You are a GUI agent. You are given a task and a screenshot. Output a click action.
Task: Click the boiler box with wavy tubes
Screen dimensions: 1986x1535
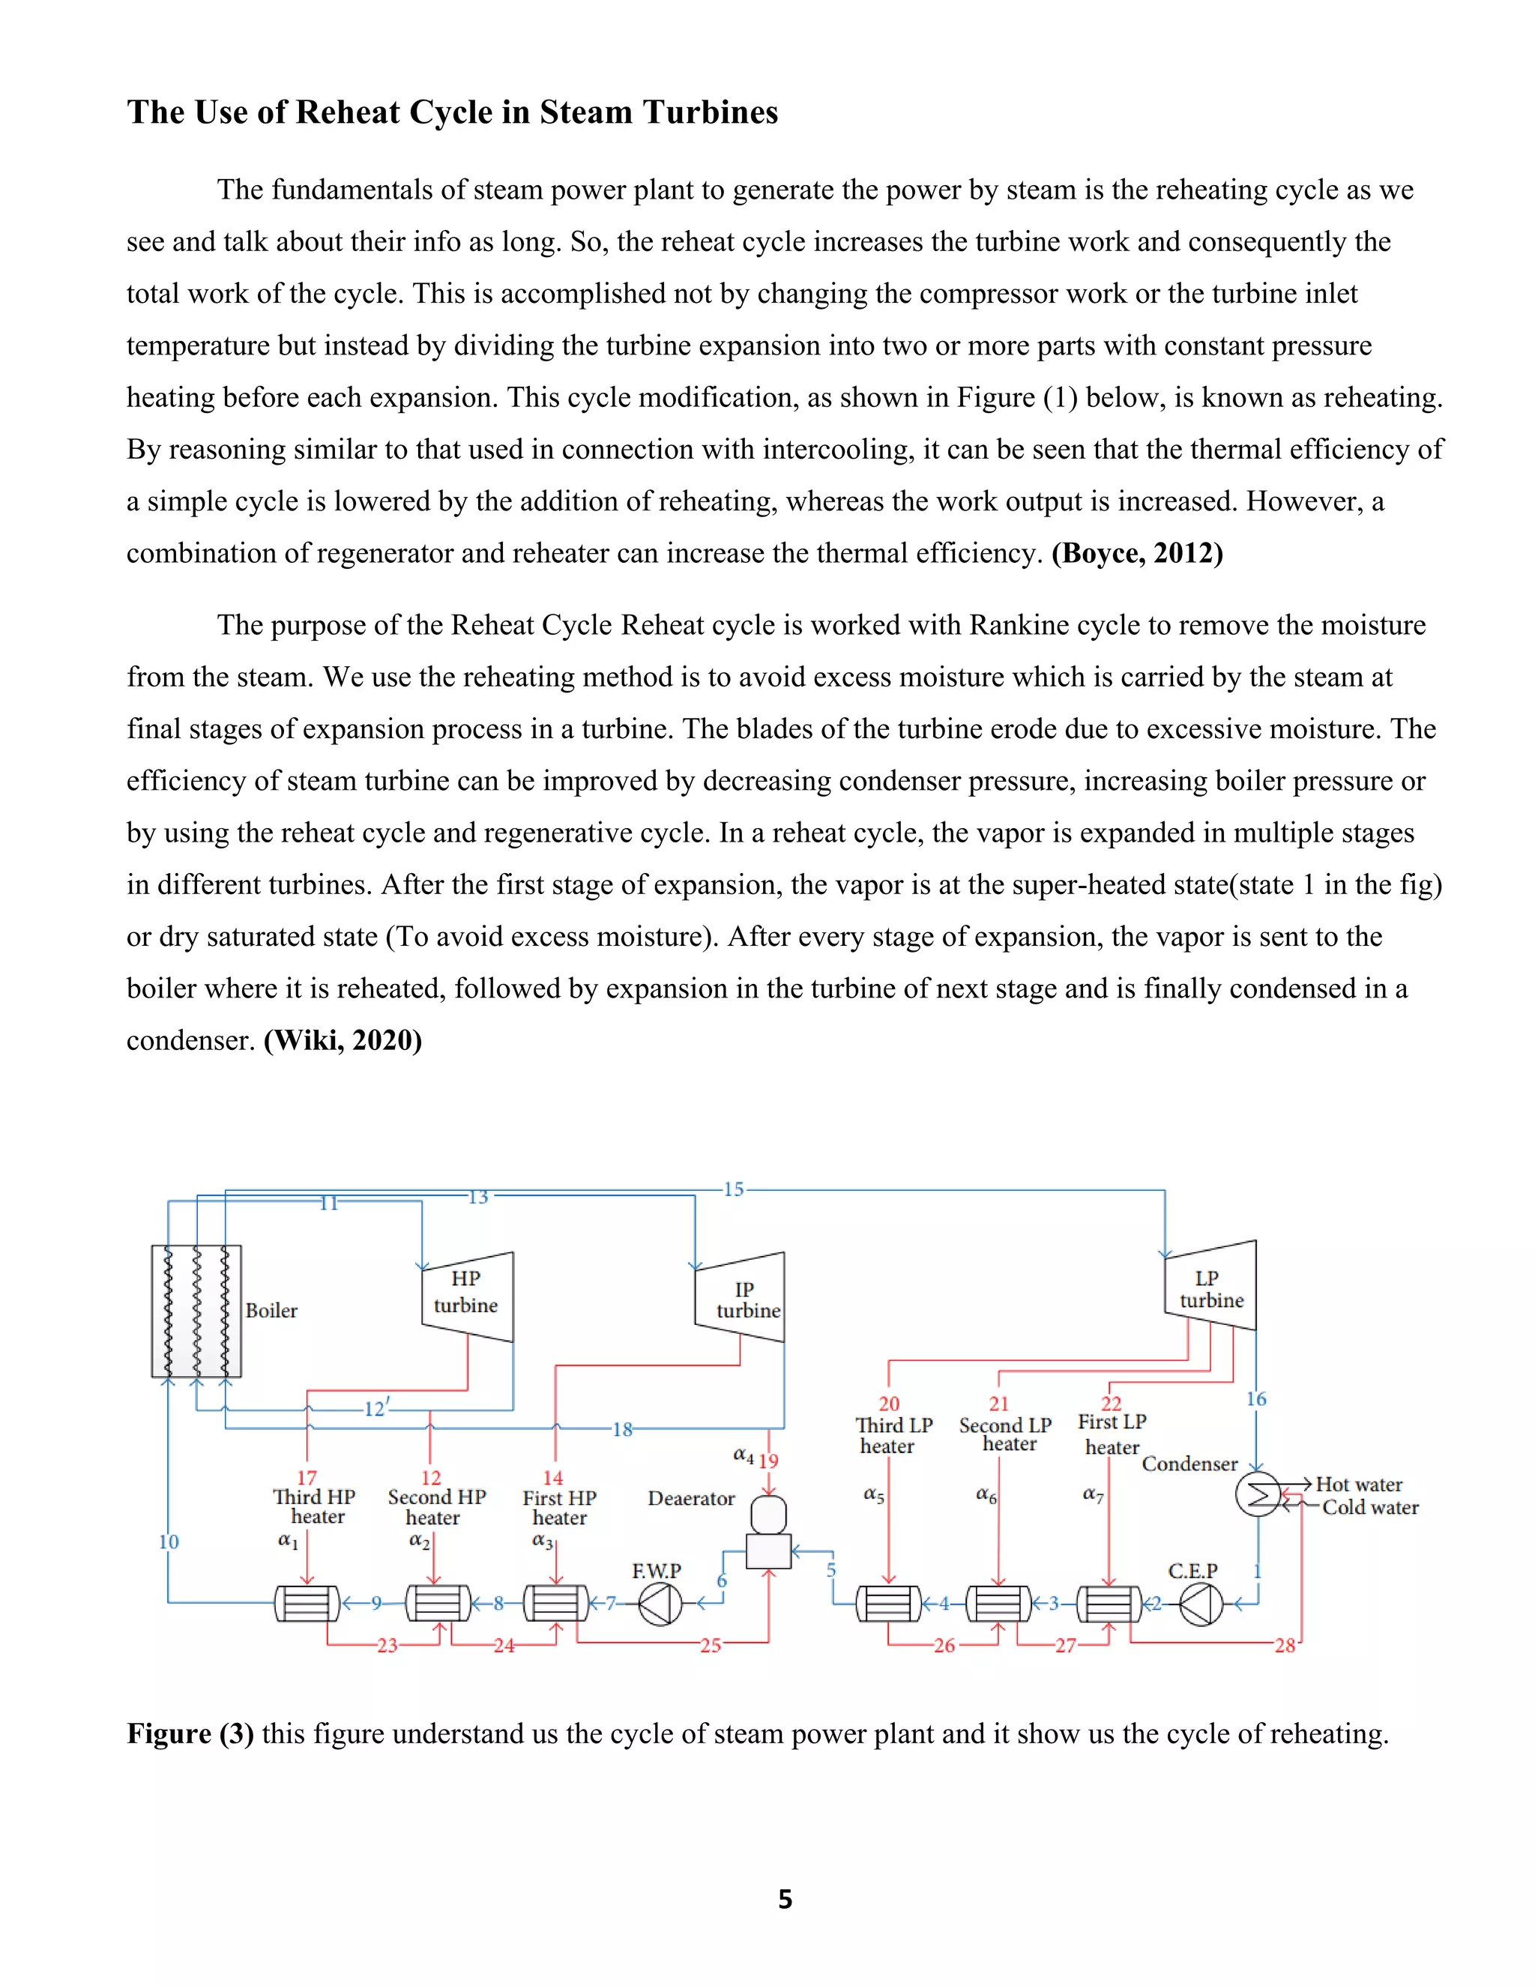196,1310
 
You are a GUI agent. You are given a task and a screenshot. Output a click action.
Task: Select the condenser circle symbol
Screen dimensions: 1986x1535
1258,1494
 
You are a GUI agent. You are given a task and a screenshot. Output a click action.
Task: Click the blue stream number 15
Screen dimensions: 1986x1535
733,1189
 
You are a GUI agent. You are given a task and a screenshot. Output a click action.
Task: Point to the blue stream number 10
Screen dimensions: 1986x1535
168,1542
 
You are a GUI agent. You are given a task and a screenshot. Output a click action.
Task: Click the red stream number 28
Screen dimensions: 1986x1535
1284,1645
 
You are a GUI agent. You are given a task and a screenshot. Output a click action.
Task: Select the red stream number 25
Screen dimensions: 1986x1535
711,1645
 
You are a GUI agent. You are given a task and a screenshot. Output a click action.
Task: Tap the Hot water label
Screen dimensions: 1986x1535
1359,1484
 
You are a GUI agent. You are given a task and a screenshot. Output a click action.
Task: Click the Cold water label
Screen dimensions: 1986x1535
1369,1507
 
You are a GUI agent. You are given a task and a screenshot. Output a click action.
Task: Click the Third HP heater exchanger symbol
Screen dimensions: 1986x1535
307,1603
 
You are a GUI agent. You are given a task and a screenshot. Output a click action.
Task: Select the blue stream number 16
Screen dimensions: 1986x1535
1256,1398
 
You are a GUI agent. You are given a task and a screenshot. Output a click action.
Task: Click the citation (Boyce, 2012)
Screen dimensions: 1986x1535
1137,553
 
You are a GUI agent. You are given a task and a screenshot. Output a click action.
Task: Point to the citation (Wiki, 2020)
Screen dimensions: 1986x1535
343,1040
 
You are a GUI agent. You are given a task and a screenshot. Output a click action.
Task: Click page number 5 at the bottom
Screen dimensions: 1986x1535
785,1899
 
